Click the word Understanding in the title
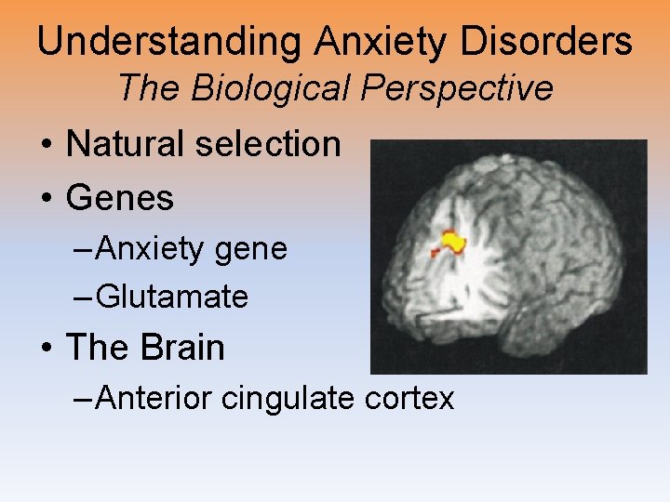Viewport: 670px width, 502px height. pos(168,42)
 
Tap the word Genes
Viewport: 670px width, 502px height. pos(121,198)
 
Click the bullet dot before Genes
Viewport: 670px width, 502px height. pos(46,199)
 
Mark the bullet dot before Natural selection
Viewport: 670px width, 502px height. pos(46,145)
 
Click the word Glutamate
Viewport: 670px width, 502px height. pos(172,297)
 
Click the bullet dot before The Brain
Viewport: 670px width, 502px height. pos(46,349)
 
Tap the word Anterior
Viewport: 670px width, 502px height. pos(154,398)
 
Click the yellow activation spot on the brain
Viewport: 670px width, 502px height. pos(453,242)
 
